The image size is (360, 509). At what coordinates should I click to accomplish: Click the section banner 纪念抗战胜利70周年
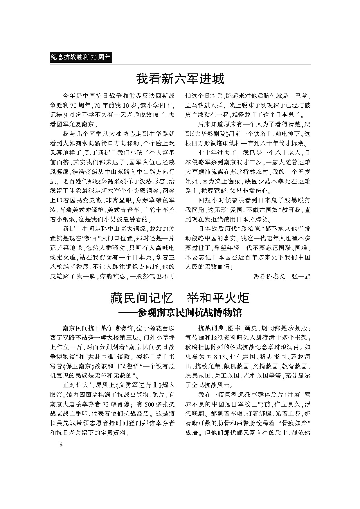(x=81, y=57)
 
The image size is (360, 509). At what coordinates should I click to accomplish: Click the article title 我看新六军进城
(x=180, y=79)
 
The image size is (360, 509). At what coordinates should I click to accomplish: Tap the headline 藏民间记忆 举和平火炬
(x=180, y=298)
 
